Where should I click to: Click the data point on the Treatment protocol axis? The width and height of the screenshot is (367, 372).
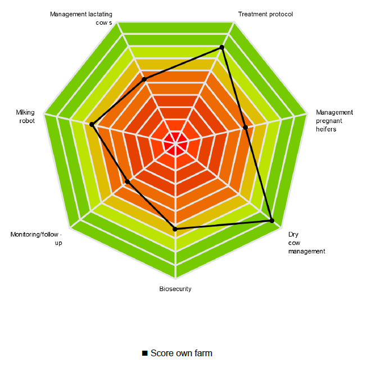222,47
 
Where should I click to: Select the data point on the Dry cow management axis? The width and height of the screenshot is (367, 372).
272,221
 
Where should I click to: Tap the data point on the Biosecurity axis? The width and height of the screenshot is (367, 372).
175,229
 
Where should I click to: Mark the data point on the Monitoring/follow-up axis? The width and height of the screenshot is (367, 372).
128,182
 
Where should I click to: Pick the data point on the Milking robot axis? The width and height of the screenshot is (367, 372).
91,124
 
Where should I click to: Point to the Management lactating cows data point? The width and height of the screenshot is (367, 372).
144,80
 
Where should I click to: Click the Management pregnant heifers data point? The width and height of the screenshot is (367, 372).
245,128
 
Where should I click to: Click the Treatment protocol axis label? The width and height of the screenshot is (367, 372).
265,14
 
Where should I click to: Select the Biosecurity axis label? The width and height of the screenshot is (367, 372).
175,289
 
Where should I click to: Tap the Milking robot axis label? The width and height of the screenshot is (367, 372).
25,116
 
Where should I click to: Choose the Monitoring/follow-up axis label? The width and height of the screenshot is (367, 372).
36,238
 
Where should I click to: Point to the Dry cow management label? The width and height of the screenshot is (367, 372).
306,243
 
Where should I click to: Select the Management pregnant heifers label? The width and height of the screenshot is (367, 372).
334,120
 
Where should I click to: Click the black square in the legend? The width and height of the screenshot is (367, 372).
144,353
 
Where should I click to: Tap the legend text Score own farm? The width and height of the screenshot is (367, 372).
181,353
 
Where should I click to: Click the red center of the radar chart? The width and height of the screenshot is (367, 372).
176,145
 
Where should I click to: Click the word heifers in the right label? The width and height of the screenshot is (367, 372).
326,129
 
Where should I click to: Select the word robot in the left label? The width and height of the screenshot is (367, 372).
26,121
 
